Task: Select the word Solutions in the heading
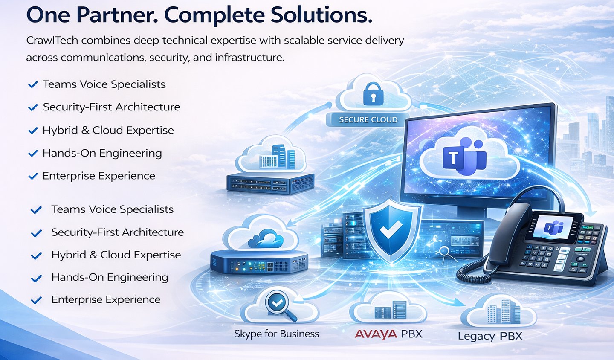pyautogui.click(x=321, y=15)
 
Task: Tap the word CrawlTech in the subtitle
pyautogui.click(x=52, y=41)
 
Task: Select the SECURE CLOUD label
pyautogui.click(x=368, y=120)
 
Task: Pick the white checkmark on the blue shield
pyautogui.click(x=391, y=230)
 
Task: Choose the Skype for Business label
pyautogui.click(x=276, y=334)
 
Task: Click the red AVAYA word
pyautogui.click(x=376, y=334)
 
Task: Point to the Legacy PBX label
pyautogui.click(x=490, y=336)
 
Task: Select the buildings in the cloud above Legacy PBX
pyautogui.click(x=504, y=312)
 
